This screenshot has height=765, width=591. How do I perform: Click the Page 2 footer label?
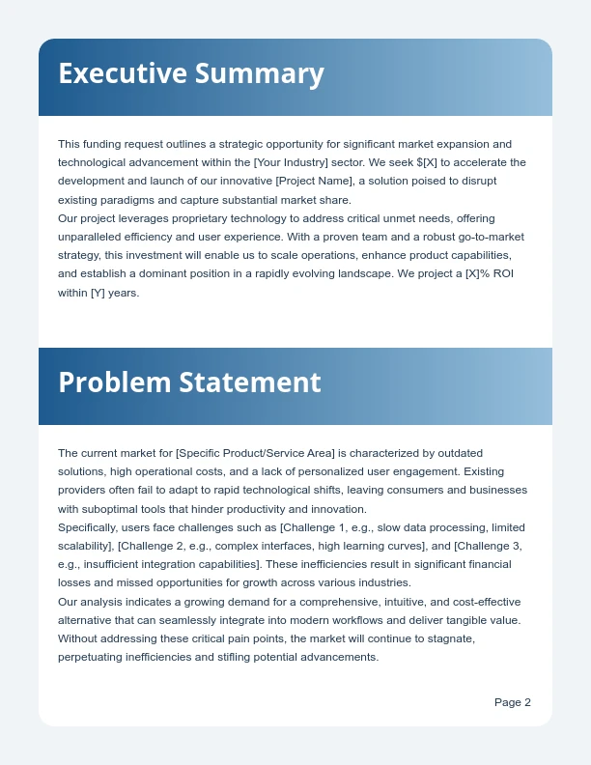[512, 702]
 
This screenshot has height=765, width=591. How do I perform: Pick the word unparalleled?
[92, 237]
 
